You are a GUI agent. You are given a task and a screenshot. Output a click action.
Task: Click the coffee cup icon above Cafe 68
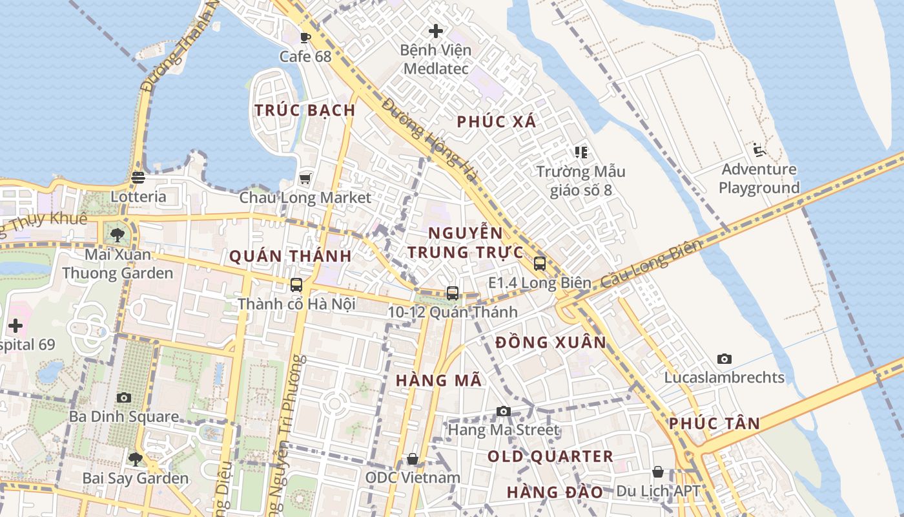[x=305, y=37]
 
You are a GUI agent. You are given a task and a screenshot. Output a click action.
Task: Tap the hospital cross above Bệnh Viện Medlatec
[x=436, y=30]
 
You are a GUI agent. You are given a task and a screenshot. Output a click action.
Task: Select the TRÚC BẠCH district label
[x=305, y=111]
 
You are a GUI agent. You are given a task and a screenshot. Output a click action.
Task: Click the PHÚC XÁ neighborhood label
[x=497, y=121]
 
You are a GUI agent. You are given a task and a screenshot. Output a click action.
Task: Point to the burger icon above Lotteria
[x=138, y=177]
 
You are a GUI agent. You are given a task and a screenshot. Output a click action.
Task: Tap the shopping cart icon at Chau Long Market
[x=305, y=178]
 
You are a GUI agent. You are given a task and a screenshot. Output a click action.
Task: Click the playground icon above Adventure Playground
[x=759, y=150]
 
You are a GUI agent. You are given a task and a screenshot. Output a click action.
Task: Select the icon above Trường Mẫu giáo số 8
[x=581, y=153]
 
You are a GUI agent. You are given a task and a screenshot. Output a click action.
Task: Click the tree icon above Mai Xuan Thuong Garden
[x=117, y=235]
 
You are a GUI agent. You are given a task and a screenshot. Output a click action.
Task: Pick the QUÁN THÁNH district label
[x=291, y=257]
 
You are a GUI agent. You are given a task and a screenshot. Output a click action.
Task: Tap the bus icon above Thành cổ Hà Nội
[x=296, y=284]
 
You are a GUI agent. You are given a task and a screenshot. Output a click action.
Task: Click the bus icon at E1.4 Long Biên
[x=540, y=264]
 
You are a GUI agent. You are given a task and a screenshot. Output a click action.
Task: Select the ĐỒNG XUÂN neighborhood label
[x=551, y=343]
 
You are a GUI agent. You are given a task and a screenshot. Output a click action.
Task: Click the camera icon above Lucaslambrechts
[x=724, y=359]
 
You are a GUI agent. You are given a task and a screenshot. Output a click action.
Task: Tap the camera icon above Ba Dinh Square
[x=124, y=397]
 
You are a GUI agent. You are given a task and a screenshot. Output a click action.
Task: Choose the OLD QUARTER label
[x=550, y=456]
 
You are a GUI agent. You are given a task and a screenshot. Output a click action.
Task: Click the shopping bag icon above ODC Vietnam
[x=413, y=459]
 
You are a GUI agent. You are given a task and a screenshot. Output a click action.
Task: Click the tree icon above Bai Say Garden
[x=136, y=459]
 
